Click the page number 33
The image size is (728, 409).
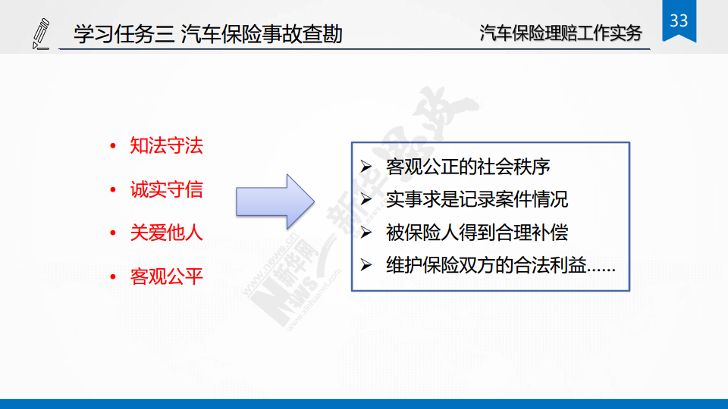point(679,20)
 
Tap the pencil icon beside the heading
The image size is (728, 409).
point(41,33)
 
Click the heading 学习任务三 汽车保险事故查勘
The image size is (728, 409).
point(208,34)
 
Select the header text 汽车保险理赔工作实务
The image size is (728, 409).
point(560,33)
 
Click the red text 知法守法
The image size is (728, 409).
point(166,145)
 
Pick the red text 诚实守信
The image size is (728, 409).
point(166,189)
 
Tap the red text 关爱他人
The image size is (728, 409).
point(166,233)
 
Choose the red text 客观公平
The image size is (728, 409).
point(166,277)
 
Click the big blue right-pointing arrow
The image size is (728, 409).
point(275,201)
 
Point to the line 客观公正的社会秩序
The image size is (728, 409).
point(468,167)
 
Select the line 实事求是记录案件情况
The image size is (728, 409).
point(477,199)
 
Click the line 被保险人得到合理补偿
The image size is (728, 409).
point(477,233)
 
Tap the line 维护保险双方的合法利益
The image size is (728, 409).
point(500,265)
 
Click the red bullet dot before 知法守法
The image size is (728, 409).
point(113,146)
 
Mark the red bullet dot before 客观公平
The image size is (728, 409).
point(113,277)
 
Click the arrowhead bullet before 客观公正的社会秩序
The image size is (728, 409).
point(366,167)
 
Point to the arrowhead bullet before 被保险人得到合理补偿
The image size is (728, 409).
point(366,233)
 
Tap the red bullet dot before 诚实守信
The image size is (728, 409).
point(113,189)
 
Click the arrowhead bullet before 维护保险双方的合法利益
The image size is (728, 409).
point(366,265)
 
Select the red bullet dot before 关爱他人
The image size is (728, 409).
point(113,233)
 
